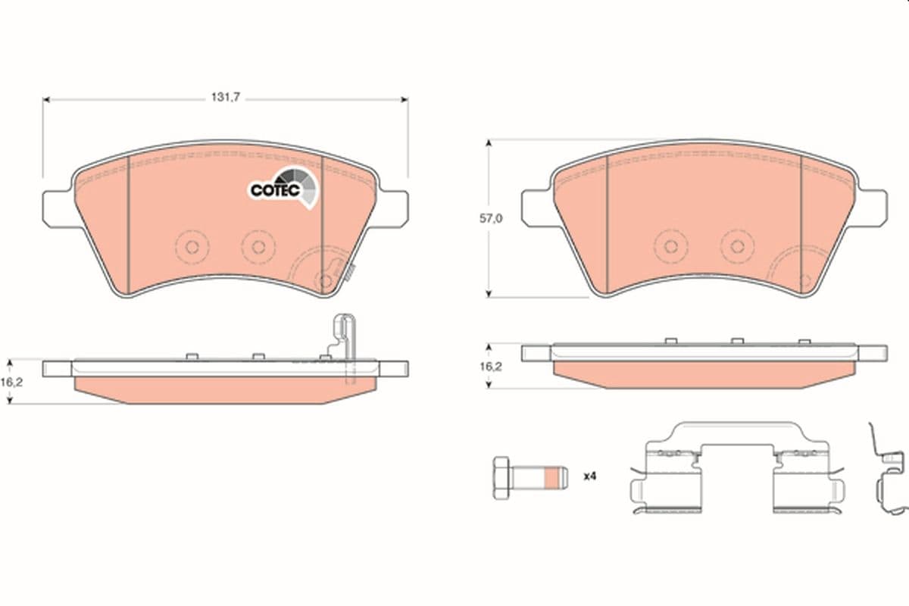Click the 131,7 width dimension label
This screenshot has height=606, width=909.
click(226, 98)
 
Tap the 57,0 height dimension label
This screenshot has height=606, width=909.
click(491, 219)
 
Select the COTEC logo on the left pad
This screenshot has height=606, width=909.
click(283, 189)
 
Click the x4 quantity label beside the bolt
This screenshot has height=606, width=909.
click(590, 476)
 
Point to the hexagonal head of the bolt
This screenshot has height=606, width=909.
click(501, 478)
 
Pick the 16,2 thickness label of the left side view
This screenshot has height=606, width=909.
click(12, 383)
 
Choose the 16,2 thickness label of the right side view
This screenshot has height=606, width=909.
click(491, 367)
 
